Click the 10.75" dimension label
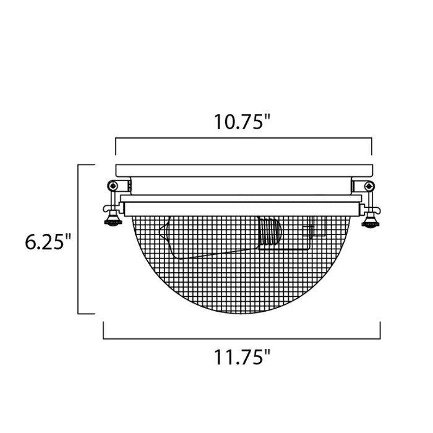tap(243, 122)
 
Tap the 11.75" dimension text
tap(243, 358)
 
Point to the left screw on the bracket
tap(112, 185)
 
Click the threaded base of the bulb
tap(269, 233)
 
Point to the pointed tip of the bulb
tap(161, 234)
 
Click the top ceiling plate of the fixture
tap(244, 169)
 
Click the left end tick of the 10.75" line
tap(116, 147)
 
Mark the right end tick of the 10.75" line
tap(371, 147)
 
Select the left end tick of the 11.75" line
tap(103, 331)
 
